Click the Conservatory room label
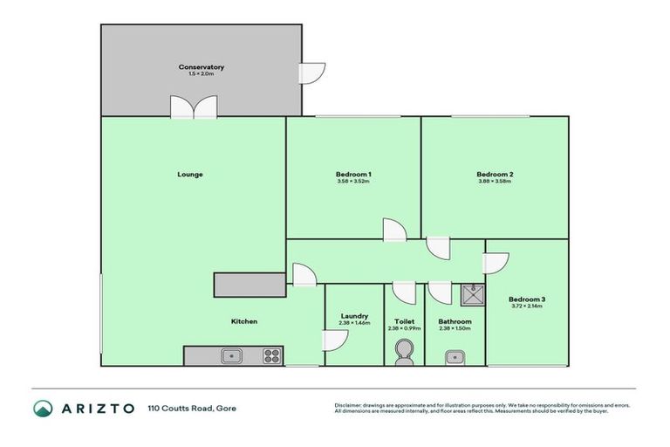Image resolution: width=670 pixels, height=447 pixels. [x=202, y=67]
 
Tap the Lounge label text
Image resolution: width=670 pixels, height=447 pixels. [x=190, y=174]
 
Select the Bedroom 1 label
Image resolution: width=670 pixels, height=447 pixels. [x=353, y=175]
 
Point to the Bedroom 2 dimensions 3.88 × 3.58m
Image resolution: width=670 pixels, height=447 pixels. [x=495, y=182]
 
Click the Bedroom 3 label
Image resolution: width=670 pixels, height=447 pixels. [x=527, y=299]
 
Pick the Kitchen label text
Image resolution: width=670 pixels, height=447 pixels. [x=243, y=321]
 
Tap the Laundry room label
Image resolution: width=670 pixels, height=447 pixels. [x=354, y=316]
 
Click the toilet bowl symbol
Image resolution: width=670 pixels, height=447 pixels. [x=404, y=351]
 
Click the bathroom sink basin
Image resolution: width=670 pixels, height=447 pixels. [x=455, y=355]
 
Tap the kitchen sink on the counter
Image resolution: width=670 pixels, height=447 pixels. [x=231, y=355]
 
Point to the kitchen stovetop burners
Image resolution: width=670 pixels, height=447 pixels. [x=271, y=355]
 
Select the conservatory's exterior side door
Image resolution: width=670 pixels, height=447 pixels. [x=311, y=73]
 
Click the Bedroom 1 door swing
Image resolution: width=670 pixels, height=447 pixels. [x=394, y=230]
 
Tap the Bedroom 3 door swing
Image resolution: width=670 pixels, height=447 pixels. [x=496, y=263]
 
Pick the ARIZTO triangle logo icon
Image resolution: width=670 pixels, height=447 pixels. [x=43, y=408]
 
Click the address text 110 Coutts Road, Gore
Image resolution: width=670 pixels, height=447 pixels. [x=192, y=408]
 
